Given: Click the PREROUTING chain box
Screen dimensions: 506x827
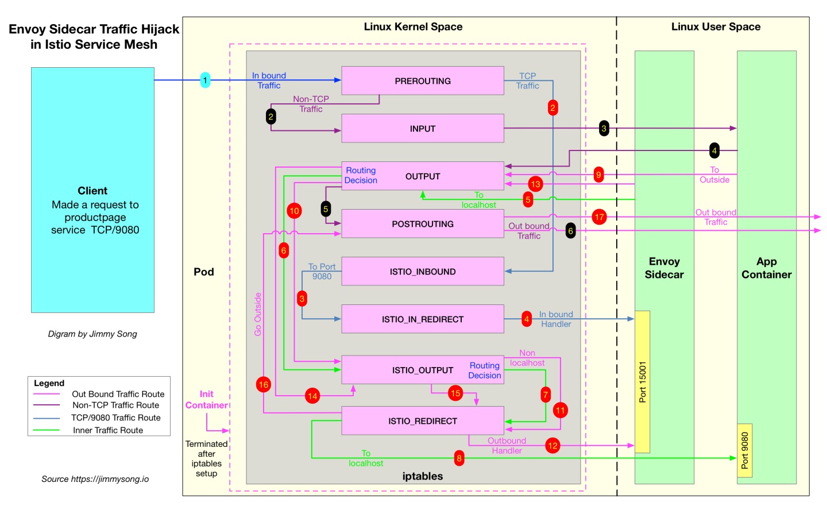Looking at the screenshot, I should pyautogui.click(x=422, y=81).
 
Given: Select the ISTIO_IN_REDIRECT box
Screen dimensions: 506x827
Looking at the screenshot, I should pyautogui.click(x=422, y=319).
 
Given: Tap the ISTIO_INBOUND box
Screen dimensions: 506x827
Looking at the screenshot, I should pyautogui.click(x=422, y=272).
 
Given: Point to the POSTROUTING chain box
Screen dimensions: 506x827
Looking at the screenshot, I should pyautogui.click(x=422, y=224).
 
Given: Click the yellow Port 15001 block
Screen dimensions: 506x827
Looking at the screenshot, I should pyautogui.click(x=642, y=382).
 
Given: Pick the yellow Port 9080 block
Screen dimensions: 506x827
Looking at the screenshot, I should pyautogui.click(x=744, y=450).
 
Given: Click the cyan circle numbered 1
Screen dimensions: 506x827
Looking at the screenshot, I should pyautogui.click(x=205, y=80).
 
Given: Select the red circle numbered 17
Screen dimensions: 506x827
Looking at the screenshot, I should pyautogui.click(x=599, y=217).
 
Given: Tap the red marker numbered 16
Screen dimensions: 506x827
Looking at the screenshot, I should pyautogui.click(x=263, y=385).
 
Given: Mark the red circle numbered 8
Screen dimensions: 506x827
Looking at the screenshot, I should pyautogui.click(x=459, y=458).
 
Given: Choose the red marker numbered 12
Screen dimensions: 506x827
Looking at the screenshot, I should pyautogui.click(x=552, y=446).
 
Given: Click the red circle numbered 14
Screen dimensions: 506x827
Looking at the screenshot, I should pyautogui.click(x=312, y=396).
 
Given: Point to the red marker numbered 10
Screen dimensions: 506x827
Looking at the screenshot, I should pyautogui.click(x=294, y=211).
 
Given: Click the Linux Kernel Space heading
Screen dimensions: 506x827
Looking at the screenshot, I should pyautogui.click(x=413, y=27).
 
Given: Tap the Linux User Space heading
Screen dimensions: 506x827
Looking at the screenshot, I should pyautogui.click(x=716, y=27).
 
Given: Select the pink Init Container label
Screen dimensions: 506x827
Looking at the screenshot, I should pyautogui.click(x=206, y=400).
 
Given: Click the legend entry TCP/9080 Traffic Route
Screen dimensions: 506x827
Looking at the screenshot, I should pyautogui.click(x=115, y=418).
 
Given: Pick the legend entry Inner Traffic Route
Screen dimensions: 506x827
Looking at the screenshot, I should pyautogui.click(x=108, y=430).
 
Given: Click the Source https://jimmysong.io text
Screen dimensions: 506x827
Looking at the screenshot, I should pyautogui.click(x=95, y=479).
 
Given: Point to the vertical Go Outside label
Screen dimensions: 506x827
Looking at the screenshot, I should pyautogui.click(x=258, y=314).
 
